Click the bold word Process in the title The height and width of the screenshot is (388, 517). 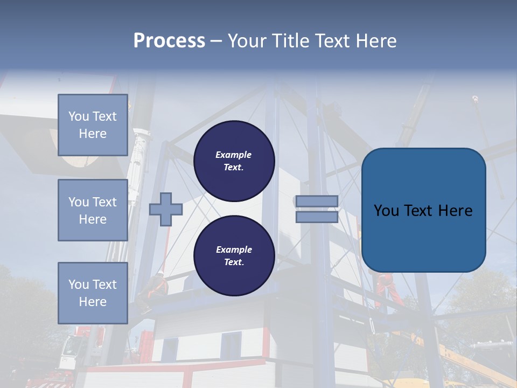point(169,41)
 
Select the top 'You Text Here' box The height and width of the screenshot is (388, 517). point(93,125)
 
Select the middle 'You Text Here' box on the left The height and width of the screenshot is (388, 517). point(93,210)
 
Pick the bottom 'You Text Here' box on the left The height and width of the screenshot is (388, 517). point(93,293)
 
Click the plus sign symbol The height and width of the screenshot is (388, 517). point(166,209)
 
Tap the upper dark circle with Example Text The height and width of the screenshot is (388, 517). point(234,161)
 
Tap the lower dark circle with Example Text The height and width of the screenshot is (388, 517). point(234,255)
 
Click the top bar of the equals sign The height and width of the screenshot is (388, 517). point(317,201)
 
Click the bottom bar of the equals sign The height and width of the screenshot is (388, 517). point(317,217)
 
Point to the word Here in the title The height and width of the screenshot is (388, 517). point(376,41)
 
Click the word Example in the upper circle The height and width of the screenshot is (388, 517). point(234,155)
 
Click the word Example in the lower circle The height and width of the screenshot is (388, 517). point(234,250)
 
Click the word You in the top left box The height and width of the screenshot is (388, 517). point(78,116)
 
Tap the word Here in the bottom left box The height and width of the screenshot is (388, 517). point(93,302)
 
